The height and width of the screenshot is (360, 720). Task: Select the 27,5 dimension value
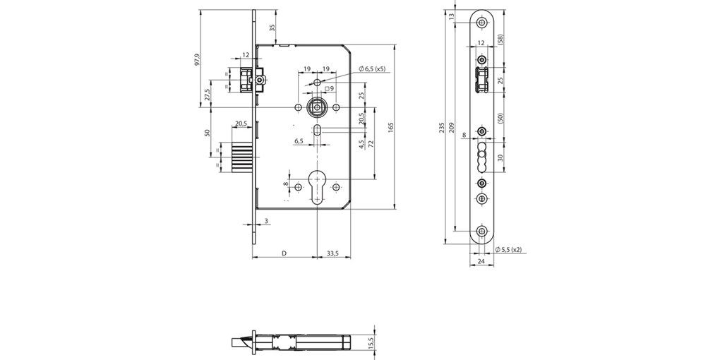pyautogui.click(x=207, y=95)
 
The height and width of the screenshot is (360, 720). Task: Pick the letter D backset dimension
pyautogui.click(x=284, y=252)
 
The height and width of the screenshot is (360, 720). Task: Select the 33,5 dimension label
pyautogui.click(x=334, y=252)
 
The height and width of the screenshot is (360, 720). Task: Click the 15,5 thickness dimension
pyautogui.click(x=371, y=342)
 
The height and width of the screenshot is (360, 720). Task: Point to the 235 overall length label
pyautogui.click(x=442, y=128)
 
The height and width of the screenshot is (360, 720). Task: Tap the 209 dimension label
pyautogui.click(x=452, y=128)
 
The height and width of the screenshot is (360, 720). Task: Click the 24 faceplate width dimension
pyautogui.click(x=481, y=261)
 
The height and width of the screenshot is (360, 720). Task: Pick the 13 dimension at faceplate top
pyautogui.click(x=452, y=16)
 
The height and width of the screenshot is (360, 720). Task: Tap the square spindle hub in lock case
pyautogui.click(x=316, y=107)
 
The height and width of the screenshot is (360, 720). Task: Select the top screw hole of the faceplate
pyautogui.click(x=481, y=23)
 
